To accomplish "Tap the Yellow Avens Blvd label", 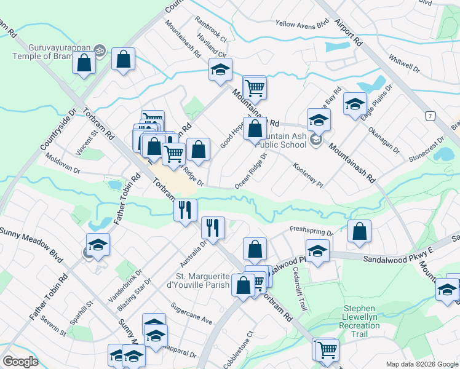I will click(x=303, y=25).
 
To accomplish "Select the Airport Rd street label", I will click(x=348, y=31).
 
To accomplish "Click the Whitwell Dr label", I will click(x=404, y=63).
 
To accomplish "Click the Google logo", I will click(x=20, y=361).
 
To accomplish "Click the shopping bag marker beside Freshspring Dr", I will click(x=360, y=231).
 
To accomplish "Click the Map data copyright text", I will click(x=422, y=364).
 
